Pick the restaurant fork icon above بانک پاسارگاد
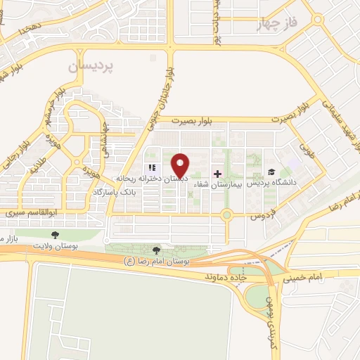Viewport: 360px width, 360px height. pyautogui.click(x=150, y=168)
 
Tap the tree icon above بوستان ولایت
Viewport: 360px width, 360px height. pyautogui.click(x=56, y=234)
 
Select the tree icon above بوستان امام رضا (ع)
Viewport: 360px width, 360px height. pyautogui.click(x=156, y=250)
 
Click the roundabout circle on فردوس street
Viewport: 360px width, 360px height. pyautogui.click(x=226, y=215)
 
